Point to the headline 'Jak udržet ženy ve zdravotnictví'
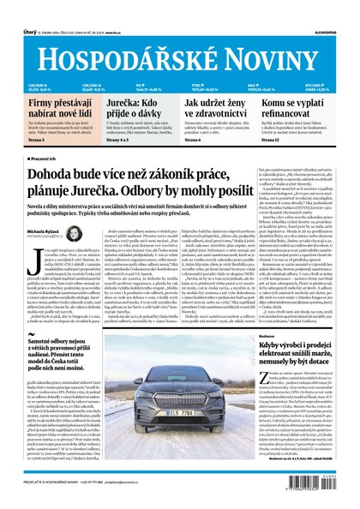[x=217, y=109]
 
